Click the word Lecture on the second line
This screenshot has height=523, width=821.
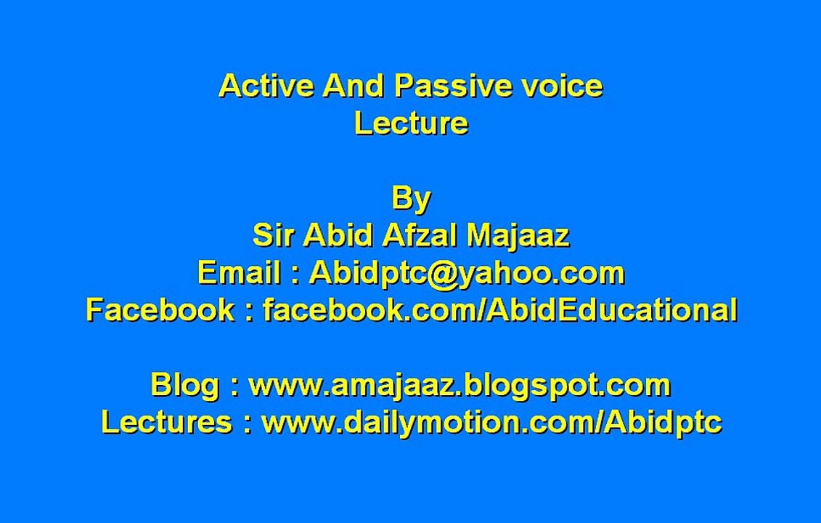(x=411, y=123)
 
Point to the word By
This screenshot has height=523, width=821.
(x=411, y=198)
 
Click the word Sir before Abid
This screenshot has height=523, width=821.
(x=274, y=235)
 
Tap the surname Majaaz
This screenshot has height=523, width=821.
(x=518, y=235)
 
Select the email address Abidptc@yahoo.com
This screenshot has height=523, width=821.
(x=467, y=273)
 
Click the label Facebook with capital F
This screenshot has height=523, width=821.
(x=160, y=310)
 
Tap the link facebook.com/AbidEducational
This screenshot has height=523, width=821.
(x=499, y=310)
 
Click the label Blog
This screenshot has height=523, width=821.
(x=184, y=385)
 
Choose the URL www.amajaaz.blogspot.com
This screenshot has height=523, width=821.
(x=459, y=385)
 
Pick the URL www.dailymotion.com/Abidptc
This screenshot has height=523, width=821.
(x=491, y=422)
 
